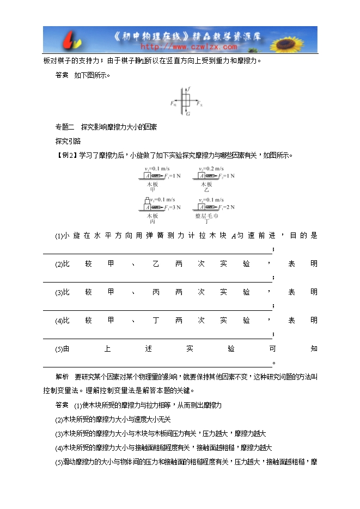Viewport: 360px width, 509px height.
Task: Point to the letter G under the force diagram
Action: point(188,114)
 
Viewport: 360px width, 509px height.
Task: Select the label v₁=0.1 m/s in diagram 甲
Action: point(156,169)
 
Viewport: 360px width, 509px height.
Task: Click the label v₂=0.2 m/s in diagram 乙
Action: point(210,169)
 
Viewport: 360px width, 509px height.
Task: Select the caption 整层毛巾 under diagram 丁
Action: point(206,216)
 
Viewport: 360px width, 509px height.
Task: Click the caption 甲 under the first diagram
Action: point(152,190)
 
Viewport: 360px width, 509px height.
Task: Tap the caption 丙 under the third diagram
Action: point(152,222)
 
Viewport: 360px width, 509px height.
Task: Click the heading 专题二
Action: point(64,127)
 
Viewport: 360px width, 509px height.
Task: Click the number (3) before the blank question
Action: point(59,293)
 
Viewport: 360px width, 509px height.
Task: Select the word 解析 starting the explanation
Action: point(62,377)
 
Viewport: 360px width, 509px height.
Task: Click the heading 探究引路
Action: point(68,141)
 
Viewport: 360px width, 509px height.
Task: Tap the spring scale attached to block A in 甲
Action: point(156,176)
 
